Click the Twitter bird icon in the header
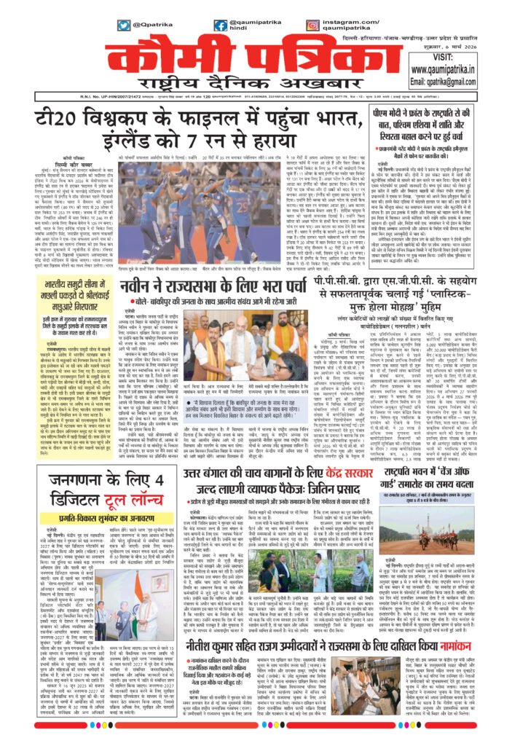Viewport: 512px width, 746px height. (x=124, y=25)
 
